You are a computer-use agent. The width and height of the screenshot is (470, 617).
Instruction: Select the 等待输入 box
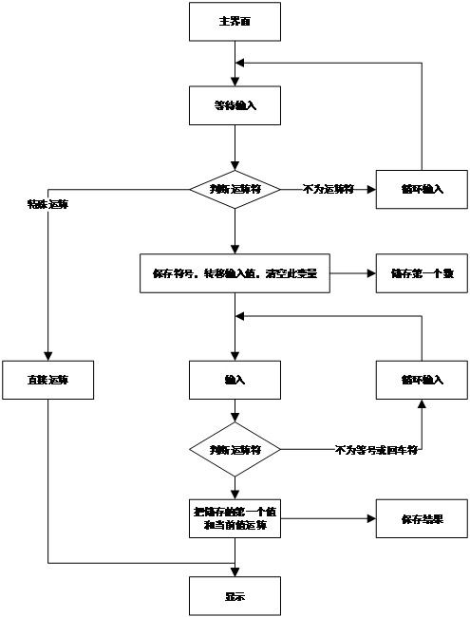coord(235,104)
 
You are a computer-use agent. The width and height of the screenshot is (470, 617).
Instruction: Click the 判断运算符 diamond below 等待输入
coord(235,189)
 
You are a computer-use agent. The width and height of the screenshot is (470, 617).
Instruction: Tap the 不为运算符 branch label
coord(328,189)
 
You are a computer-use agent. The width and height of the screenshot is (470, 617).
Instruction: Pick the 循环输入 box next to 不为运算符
coord(422,189)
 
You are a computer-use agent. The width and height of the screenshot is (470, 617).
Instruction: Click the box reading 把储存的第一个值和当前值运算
coord(235,518)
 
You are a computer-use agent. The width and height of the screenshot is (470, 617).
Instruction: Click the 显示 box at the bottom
coord(235,597)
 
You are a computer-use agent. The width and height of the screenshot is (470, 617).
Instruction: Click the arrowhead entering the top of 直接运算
coord(47,356)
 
